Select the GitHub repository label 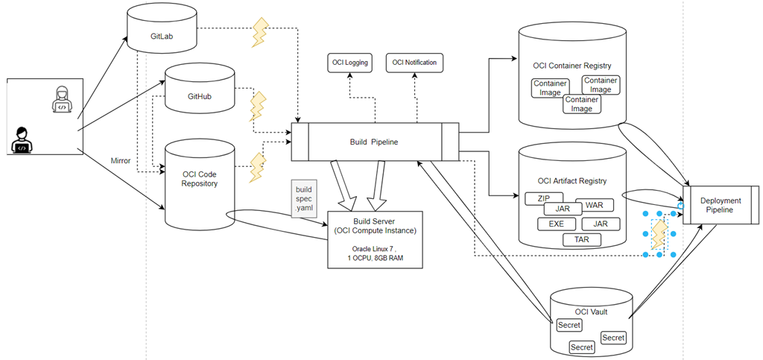tap(200, 98)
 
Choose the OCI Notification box tap(414, 63)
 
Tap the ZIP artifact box tap(543, 198)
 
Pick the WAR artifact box tap(594, 205)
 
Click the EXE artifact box tap(556, 223)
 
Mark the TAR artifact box tap(581, 240)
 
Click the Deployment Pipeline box tap(720, 205)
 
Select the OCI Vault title tap(592, 312)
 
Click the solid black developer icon tap(22, 139)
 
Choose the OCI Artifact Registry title tap(572, 180)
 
